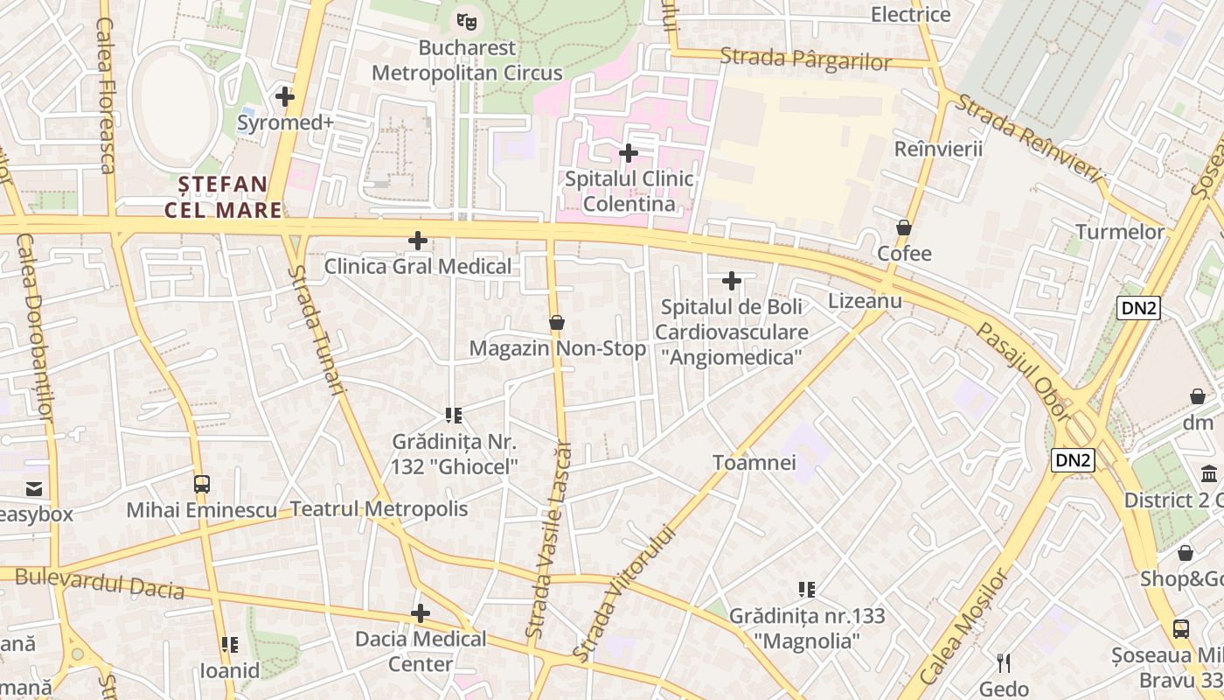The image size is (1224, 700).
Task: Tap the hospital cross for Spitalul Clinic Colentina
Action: pos(628,153)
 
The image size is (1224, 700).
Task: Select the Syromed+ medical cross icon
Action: pos(284,96)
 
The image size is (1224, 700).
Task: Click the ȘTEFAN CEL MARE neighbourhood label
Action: pos(224,197)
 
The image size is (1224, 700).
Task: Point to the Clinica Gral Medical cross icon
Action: pos(418,240)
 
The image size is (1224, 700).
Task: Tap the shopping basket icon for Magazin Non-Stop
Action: pos(557,323)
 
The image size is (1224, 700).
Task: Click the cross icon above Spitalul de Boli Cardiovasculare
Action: pos(732,281)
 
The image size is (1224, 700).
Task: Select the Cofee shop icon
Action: pos(904,228)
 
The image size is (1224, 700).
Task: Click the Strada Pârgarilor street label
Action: pos(805,59)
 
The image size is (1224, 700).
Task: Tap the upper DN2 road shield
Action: pos(1137,307)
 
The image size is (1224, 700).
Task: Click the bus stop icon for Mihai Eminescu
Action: pos(202,484)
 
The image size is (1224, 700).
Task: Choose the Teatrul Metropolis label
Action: pos(379,509)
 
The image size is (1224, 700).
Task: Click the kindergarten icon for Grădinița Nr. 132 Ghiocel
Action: pos(453,415)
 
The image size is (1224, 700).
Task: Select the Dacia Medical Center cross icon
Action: pos(421,613)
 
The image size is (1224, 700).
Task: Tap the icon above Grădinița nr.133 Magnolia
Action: pos(807,590)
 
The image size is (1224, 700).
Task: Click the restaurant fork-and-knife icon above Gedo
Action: pos(1004,662)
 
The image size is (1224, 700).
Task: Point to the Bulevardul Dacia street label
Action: pos(100,584)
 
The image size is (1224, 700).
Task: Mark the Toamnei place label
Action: pos(755,462)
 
